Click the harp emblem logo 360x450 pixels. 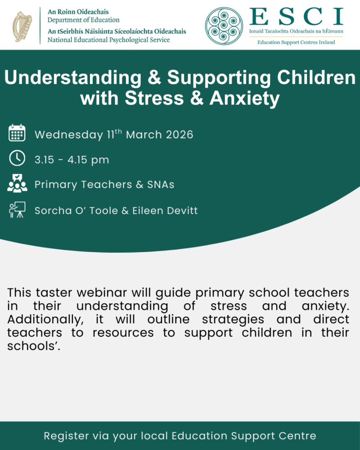click(22, 27)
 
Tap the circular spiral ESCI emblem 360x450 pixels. click(224, 26)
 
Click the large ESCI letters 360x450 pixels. click(296, 17)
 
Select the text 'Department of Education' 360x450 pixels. click(83, 20)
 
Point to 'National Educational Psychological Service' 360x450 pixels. click(108, 40)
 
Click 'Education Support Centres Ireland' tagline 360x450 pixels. click(296, 42)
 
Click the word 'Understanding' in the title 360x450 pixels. click(73, 78)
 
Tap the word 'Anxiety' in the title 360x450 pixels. click(245, 99)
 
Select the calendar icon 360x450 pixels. click(17, 133)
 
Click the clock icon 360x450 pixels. click(17, 158)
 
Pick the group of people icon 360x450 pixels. click(17, 183)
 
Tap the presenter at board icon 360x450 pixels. click(17, 210)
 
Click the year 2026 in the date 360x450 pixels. click(180, 135)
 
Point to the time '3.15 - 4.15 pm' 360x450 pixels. click(72, 160)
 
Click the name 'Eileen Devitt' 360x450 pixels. click(165, 211)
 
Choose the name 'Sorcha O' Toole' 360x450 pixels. click(76, 211)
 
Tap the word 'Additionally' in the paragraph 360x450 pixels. click(45, 319)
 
